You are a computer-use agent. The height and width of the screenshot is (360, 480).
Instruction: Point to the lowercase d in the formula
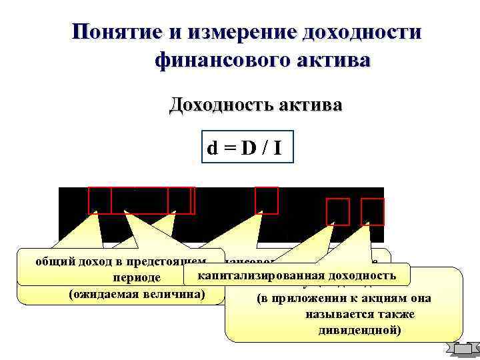point(211,147)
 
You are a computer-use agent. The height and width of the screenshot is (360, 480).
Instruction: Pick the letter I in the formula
point(276,147)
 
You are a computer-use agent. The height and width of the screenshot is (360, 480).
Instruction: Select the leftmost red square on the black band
point(100,200)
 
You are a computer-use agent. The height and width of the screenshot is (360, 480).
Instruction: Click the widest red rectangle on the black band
point(139,200)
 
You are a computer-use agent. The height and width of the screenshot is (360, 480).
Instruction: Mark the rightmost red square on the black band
point(373,211)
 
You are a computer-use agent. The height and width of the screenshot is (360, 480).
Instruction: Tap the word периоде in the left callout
point(137,278)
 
